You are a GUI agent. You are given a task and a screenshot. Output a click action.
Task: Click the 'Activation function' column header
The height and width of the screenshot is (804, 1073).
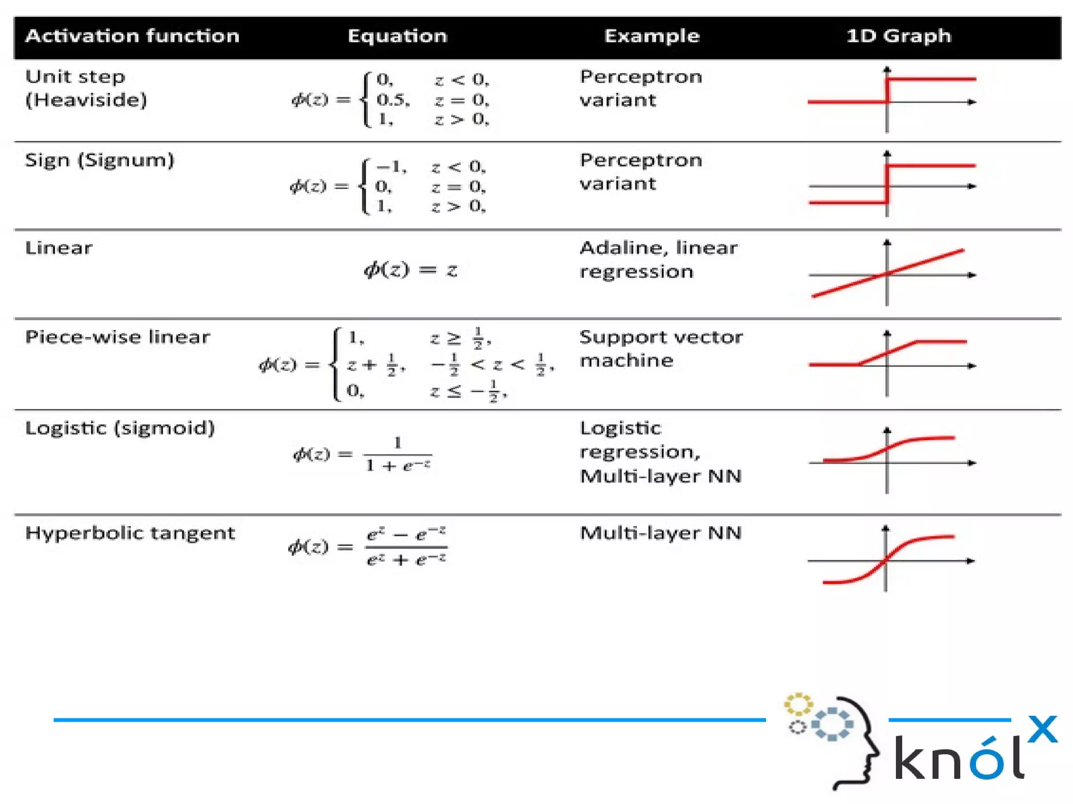click(132, 36)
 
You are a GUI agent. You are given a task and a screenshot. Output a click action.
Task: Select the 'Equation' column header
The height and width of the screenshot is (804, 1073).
click(397, 36)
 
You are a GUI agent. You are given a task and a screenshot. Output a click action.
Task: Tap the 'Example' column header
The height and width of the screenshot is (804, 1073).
click(652, 36)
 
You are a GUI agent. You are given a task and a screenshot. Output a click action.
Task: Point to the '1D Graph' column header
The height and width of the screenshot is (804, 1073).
click(899, 36)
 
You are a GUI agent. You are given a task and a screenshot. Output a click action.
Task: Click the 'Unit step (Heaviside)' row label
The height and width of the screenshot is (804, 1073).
click(86, 88)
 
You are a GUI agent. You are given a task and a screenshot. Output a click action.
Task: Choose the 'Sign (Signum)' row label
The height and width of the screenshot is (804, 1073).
click(100, 160)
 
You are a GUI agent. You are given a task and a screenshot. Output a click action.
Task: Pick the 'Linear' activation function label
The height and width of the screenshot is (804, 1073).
click(59, 248)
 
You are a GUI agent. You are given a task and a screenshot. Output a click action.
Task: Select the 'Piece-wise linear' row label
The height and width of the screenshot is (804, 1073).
click(117, 337)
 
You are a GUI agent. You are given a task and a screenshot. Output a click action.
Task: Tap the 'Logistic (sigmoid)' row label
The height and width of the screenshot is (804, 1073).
click(120, 428)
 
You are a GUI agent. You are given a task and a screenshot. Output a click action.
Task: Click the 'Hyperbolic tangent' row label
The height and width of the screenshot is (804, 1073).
click(130, 533)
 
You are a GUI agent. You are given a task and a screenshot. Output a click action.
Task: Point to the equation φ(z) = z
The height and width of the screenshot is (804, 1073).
click(411, 270)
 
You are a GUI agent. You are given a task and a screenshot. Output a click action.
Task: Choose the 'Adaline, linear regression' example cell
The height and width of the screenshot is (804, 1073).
click(658, 259)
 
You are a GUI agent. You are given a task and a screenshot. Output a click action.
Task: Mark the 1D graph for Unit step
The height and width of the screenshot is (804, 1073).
click(891, 100)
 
